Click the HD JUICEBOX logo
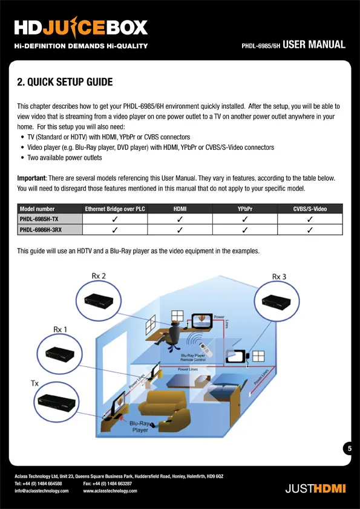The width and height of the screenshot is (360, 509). [x=81, y=27]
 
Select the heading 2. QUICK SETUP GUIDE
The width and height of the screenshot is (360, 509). [x=65, y=82]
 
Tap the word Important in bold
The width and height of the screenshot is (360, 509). [x=32, y=178]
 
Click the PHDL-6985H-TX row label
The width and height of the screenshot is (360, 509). [x=39, y=219]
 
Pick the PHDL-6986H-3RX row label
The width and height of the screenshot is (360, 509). [x=41, y=230]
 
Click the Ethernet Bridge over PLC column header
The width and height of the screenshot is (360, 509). [x=115, y=209]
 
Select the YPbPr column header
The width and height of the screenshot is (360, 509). [x=245, y=209]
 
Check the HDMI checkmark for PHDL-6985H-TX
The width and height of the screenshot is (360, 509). [x=180, y=219]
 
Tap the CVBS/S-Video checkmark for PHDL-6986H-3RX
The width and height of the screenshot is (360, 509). [x=310, y=230]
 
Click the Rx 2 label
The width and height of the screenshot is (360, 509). [x=99, y=276]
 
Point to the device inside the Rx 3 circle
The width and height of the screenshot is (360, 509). [x=276, y=302]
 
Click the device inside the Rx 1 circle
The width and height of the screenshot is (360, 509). [x=59, y=354]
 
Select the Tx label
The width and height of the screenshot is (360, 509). [x=34, y=383]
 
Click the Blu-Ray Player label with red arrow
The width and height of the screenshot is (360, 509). [x=139, y=427]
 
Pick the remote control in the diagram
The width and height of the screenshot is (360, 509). [x=205, y=349]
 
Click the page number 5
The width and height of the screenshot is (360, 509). [x=350, y=449]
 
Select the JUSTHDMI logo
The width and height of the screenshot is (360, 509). [x=315, y=488]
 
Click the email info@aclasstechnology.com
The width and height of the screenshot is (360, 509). [x=42, y=491]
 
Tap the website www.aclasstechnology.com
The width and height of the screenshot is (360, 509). [x=110, y=491]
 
